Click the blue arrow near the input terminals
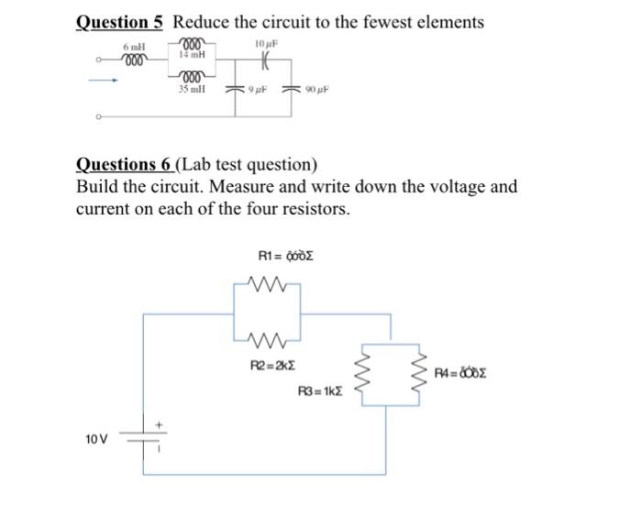tap(103, 80)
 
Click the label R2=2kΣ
tap(272, 366)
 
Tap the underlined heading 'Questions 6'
tap(124, 165)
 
